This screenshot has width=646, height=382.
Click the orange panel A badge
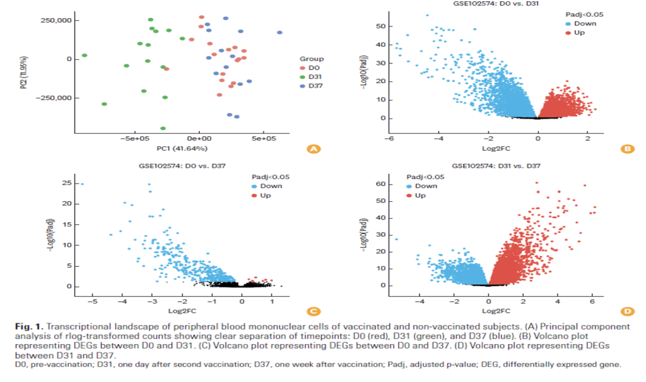click(x=312, y=149)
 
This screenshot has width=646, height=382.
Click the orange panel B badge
click(x=627, y=149)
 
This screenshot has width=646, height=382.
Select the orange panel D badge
click(x=627, y=311)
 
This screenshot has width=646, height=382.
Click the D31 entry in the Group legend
click(x=310, y=76)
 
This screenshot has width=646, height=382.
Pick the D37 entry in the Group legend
click(x=310, y=86)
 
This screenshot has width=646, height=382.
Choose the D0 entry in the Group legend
click(x=309, y=67)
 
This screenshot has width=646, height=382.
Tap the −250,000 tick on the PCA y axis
click(x=54, y=98)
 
